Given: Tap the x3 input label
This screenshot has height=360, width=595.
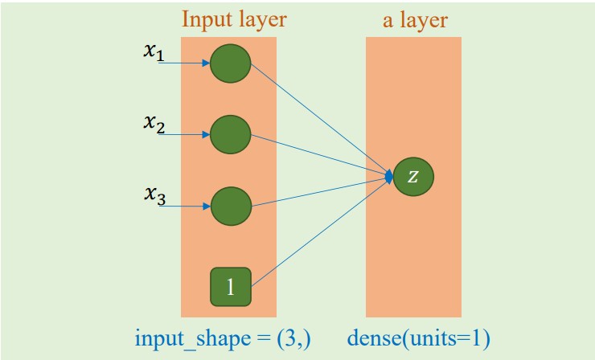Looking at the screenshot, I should pyautogui.click(x=154, y=197).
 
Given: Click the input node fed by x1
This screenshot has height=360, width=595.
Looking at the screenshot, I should pyautogui.click(x=231, y=63).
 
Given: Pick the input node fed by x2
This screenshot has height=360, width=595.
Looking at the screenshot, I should pyautogui.click(x=231, y=135).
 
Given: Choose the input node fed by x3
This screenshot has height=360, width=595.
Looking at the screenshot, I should pyautogui.click(x=231, y=207).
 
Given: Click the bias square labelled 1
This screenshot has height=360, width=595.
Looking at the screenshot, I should pyautogui.click(x=231, y=287).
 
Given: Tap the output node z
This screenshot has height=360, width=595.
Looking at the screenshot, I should pyautogui.click(x=413, y=177).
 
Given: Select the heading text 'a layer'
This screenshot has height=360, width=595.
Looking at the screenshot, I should pyautogui.click(x=413, y=18).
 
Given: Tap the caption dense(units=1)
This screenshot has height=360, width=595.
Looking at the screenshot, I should pyautogui.click(x=418, y=339).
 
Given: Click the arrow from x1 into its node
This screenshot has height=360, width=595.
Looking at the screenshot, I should pyautogui.click(x=183, y=63).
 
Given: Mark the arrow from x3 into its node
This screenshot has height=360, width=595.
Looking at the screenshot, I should pyautogui.click(x=183, y=207).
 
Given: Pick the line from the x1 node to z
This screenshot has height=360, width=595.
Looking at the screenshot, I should pyautogui.click(x=322, y=121).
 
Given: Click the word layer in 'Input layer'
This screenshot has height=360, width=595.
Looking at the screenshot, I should pyautogui.click(x=259, y=18).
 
